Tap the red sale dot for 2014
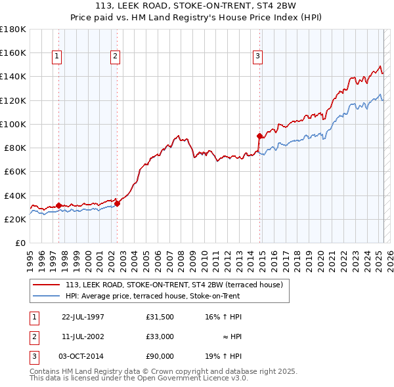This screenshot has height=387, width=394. click(259, 136)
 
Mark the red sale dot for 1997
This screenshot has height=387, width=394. click(58, 205)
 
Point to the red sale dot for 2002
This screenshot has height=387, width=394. click(117, 203)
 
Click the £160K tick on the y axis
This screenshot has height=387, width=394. click(13, 52)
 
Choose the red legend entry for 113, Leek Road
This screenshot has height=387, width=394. click(173, 285)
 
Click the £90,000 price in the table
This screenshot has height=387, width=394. click(160, 356)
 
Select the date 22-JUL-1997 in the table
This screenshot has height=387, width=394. click(83, 317)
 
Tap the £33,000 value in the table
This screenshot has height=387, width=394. click(160, 336)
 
